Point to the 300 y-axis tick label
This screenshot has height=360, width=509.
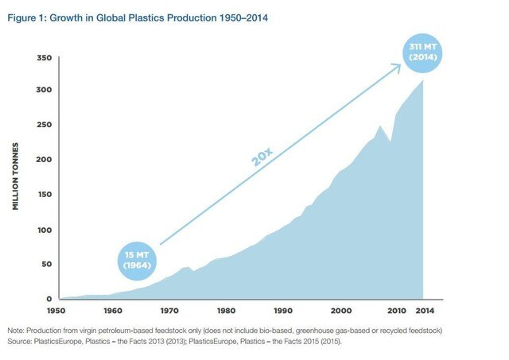(x=45, y=90)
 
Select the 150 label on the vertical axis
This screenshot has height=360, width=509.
(x=45, y=195)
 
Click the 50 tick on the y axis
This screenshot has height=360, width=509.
(x=47, y=264)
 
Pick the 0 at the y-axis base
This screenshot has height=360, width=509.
(x=49, y=299)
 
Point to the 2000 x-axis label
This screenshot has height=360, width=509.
(x=341, y=311)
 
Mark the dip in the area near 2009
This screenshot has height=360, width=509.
(x=390, y=141)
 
